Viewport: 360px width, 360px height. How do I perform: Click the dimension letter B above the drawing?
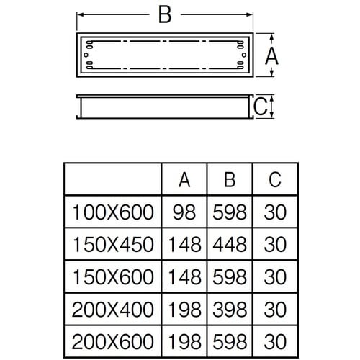click(x=165, y=14)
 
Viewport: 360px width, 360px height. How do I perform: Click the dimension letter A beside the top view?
click(x=271, y=56)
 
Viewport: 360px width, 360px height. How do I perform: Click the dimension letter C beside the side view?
click(x=261, y=107)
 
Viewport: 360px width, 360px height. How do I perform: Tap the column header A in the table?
click(x=184, y=180)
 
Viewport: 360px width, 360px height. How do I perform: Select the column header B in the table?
click(x=230, y=179)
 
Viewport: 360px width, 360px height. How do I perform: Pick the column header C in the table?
click(x=275, y=179)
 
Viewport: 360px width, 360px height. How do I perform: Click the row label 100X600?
click(x=113, y=212)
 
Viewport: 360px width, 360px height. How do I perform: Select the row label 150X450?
click(x=113, y=245)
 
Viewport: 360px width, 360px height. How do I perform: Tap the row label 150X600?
click(x=113, y=276)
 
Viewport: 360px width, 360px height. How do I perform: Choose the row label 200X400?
click(x=112, y=310)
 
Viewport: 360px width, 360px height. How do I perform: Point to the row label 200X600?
click(x=112, y=341)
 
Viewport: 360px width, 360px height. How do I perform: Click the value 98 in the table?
click(x=184, y=212)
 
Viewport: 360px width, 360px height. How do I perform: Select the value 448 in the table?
click(x=230, y=245)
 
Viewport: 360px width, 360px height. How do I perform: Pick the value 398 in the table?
click(x=230, y=310)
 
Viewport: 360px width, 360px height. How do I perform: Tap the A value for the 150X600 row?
click(x=185, y=276)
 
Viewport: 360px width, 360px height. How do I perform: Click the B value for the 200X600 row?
click(x=230, y=341)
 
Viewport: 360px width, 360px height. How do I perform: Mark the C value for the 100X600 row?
click(x=275, y=212)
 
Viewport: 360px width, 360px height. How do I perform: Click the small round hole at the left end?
click(x=86, y=55)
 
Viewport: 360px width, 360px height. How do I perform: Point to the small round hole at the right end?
click(x=244, y=55)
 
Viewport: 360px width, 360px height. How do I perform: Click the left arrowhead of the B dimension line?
click(x=81, y=14)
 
